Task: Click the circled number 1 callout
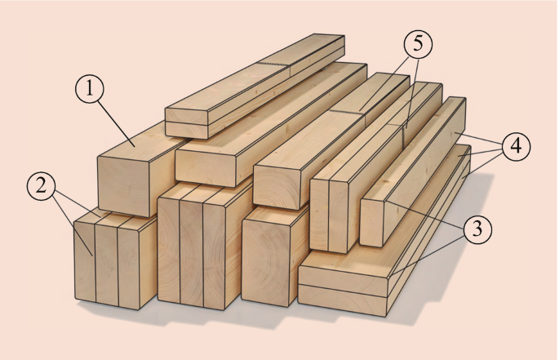[x=90, y=89]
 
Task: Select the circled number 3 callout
[x=477, y=229]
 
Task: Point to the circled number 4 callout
[x=516, y=147]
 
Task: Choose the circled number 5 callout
[x=418, y=44]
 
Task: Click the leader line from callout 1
[x=117, y=124]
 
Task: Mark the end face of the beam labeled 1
[x=123, y=186]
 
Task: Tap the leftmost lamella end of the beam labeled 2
[x=85, y=261]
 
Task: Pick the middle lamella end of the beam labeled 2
[x=107, y=265]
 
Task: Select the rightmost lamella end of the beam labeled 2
[x=128, y=269]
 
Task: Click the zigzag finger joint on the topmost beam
[x=272, y=64]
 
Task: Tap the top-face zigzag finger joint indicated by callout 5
[x=347, y=113]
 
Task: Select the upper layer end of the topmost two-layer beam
[x=186, y=116]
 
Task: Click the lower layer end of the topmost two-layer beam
[x=186, y=130]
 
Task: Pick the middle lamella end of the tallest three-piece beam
[x=192, y=253]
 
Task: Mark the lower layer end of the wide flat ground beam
[x=343, y=300]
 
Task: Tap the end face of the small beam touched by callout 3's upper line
[x=371, y=224]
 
